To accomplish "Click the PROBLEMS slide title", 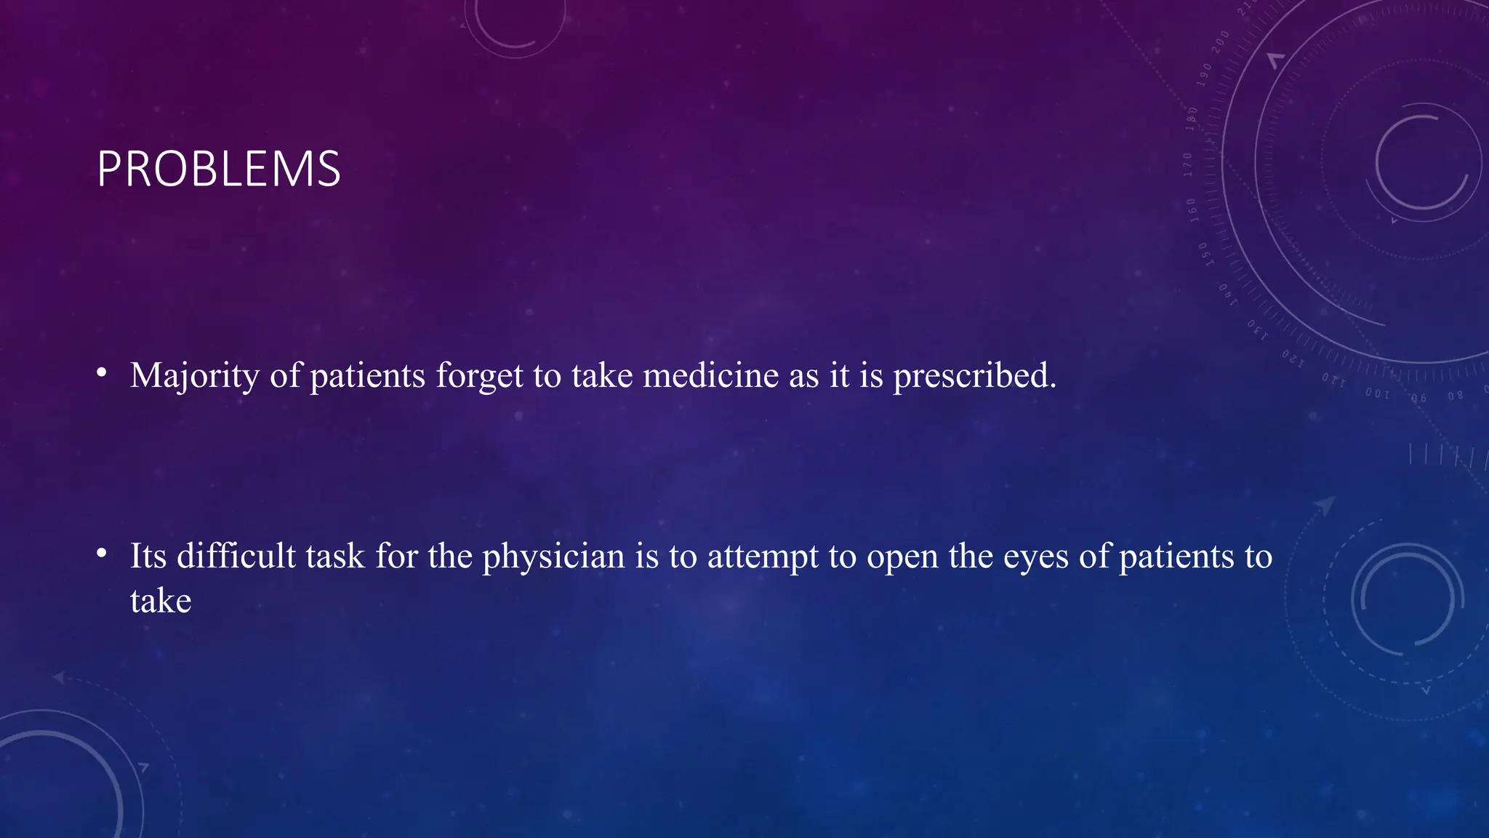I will (x=218, y=169).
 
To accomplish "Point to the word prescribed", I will (x=974, y=376).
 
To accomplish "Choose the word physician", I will (x=553, y=556).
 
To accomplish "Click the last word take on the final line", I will (x=161, y=601).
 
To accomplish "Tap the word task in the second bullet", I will (x=334, y=556).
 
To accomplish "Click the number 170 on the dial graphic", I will (x=1188, y=164).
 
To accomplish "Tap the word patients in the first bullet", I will (x=367, y=376).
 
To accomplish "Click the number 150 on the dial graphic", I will (x=1204, y=254).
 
